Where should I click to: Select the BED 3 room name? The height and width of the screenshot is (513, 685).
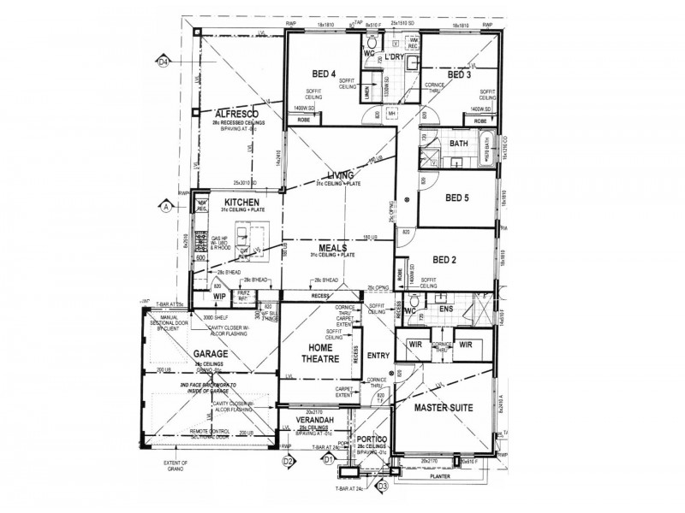click(x=458, y=75)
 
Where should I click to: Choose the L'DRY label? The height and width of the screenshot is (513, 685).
click(x=396, y=57)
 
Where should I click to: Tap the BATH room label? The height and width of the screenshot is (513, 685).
click(x=458, y=144)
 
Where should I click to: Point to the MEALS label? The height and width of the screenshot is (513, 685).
click(x=331, y=248)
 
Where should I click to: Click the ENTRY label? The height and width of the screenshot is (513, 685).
click(x=377, y=355)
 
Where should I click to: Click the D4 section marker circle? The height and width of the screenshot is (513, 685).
click(x=163, y=61)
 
